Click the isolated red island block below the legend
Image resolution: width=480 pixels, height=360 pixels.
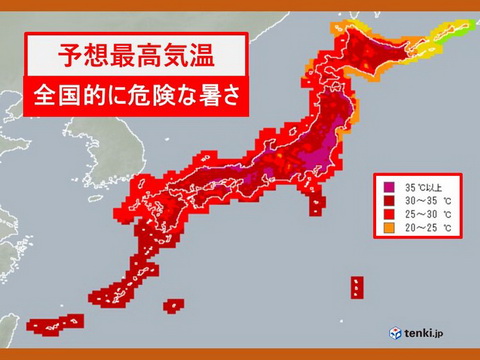click(x=356, y=287)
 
